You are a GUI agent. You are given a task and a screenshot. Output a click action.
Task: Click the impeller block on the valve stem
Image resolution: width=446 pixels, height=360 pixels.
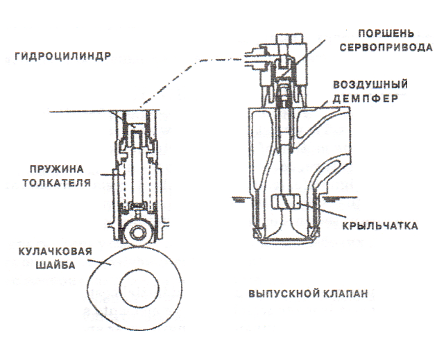point(286,203)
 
